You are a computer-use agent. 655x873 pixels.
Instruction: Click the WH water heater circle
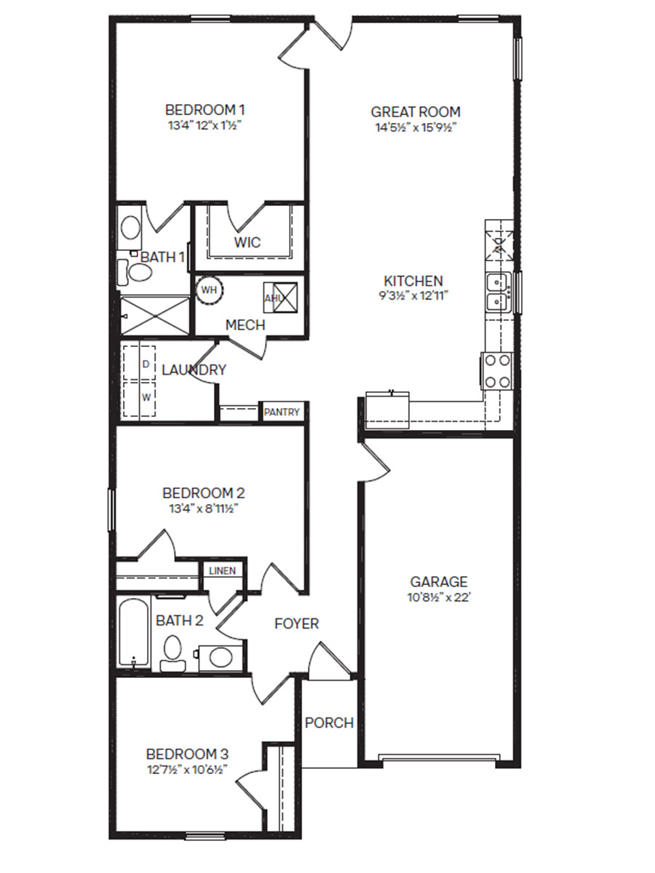210,290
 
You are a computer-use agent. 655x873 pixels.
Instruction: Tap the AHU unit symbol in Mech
281,298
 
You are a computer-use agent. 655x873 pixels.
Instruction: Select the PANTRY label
282,412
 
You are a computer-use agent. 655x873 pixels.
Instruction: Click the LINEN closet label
222,570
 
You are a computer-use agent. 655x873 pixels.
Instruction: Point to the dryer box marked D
146,362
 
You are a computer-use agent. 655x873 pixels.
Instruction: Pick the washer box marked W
146,397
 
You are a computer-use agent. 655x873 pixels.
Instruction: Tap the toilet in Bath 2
172,650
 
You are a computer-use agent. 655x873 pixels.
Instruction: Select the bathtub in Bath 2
134,633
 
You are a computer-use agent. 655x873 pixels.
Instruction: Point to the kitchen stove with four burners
498,370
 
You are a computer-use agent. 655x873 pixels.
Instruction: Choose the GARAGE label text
438,582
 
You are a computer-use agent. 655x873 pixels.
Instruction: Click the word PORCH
329,723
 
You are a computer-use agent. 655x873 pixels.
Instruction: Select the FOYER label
296,623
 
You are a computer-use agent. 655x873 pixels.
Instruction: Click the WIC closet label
247,242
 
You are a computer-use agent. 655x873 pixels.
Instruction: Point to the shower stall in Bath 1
153,315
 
